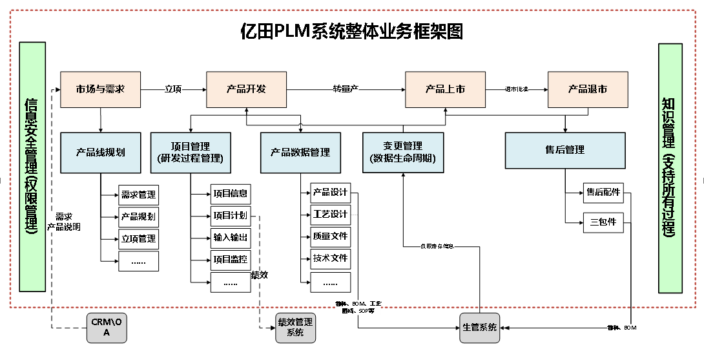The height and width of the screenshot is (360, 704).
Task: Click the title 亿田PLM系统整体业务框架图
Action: tap(351, 30)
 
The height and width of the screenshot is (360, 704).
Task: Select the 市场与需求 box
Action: tap(100, 89)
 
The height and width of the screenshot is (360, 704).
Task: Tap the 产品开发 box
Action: tap(246, 89)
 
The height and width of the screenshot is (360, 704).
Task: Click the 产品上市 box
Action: tap(445, 89)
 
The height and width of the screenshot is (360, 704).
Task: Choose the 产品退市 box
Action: tap(587, 89)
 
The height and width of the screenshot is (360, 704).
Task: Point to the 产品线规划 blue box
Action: tap(100, 153)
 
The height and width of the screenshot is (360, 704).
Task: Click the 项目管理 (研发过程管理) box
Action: tap(191, 153)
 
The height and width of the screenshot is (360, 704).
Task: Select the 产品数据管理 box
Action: tap(300, 153)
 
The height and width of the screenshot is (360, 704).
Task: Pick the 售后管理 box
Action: tap(565, 150)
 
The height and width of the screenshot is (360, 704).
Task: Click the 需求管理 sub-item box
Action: tap(138, 195)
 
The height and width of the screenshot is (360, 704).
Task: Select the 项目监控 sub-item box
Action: tap(231, 260)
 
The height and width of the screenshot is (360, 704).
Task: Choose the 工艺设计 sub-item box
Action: tap(330, 214)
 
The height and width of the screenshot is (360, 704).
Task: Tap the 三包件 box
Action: tap(603, 222)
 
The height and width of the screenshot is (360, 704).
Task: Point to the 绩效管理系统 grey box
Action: tap(295, 327)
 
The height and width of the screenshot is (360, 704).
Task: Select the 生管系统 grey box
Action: tap(480, 327)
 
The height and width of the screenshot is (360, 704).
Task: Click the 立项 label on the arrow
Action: tap(173, 89)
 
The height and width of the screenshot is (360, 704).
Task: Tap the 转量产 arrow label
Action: tap(346, 89)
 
